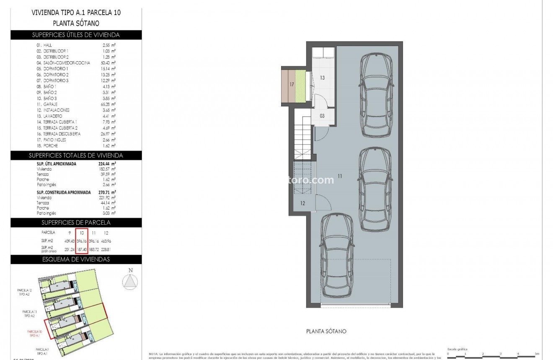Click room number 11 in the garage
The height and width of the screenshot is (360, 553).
click(x=339, y=176)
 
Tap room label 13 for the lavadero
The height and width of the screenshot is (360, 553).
click(x=323, y=78)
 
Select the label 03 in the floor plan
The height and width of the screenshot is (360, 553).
click(x=322, y=116)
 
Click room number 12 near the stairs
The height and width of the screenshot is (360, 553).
click(x=302, y=203)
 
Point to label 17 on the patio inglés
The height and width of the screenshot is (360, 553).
click(x=292, y=84)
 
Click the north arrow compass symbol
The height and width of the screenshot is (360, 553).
click(x=131, y=281)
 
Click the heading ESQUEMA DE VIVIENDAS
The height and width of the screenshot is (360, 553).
click(x=76, y=259)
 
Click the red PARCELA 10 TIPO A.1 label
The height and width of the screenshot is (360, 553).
click(x=35, y=334)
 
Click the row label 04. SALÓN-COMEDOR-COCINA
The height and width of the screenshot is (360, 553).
click(x=63, y=62)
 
